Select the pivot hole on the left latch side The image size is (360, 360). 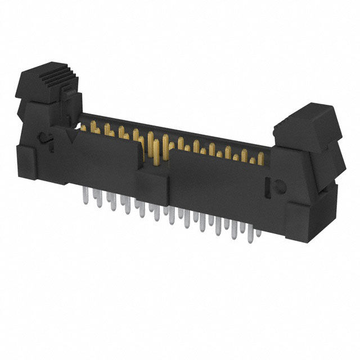point(43,138)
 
